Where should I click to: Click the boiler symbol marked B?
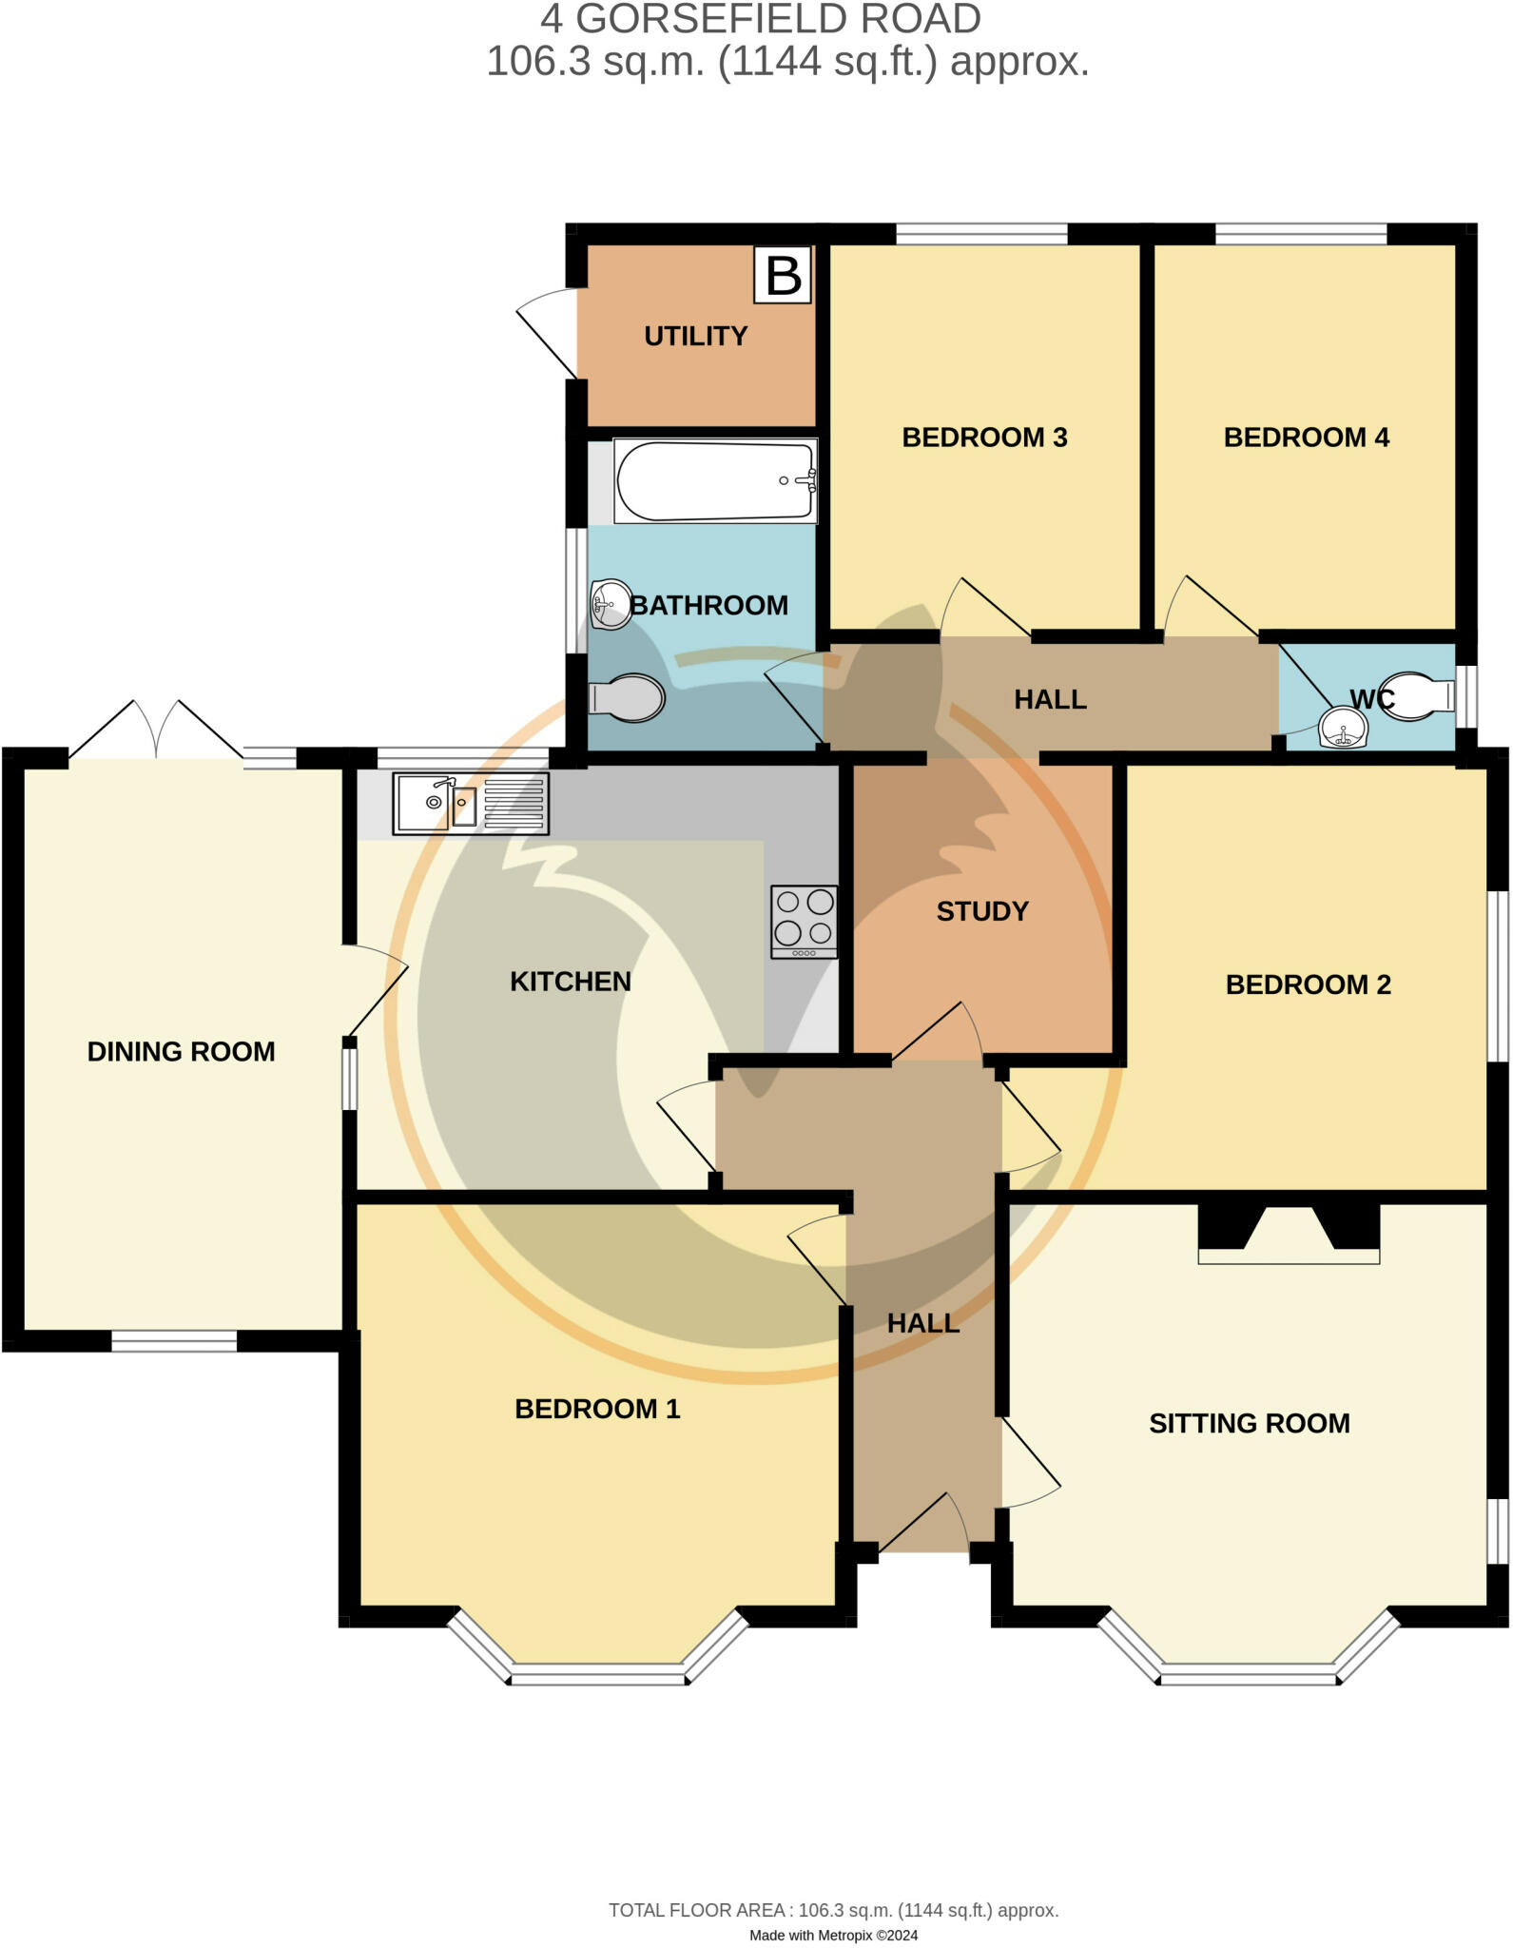(783, 276)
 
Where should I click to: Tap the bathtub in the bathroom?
(714, 480)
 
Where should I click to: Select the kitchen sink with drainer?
(471, 804)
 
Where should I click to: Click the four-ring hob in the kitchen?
(805, 922)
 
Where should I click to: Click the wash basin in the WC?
(1343, 730)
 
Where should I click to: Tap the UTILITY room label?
(695, 336)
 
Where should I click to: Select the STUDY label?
(982, 911)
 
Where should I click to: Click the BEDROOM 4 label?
(1306, 438)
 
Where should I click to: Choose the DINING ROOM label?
(181, 1051)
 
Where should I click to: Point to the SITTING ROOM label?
(1249, 1423)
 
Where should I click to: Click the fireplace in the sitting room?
(1289, 1235)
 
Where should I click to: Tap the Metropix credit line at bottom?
(833, 1935)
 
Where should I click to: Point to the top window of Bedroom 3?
(981, 234)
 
